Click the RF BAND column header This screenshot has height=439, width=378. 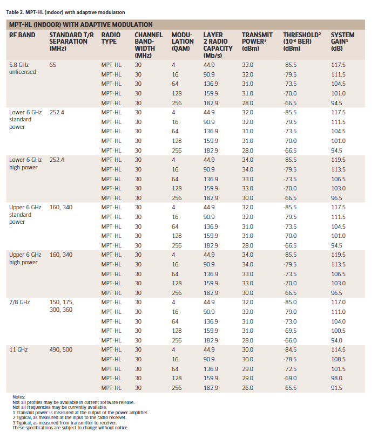[x=22, y=35]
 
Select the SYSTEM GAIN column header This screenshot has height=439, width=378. [x=342, y=42]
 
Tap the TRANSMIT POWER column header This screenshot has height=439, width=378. [x=257, y=42]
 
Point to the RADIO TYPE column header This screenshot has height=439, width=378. [x=111, y=38]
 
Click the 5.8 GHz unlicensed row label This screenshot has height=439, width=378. [x=23, y=68]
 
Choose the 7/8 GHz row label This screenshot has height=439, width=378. [x=19, y=302]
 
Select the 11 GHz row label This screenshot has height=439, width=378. [x=18, y=349]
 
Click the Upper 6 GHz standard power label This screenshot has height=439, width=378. [x=25, y=215]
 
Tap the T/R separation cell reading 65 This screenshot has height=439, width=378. [x=53, y=65]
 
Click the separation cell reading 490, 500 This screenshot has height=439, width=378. [x=61, y=349]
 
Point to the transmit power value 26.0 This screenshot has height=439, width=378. [x=248, y=388]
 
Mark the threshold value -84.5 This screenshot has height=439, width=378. [x=289, y=349]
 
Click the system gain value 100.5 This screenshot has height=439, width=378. [x=338, y=331]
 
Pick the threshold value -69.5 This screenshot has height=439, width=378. [x=289, y=331]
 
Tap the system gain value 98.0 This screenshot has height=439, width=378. [x=336, y=378]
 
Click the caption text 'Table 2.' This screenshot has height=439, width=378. [x=15, y=12]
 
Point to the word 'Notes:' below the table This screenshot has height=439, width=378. [x=19, y=397]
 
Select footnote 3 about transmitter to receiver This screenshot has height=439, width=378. [x=64, y=423]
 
